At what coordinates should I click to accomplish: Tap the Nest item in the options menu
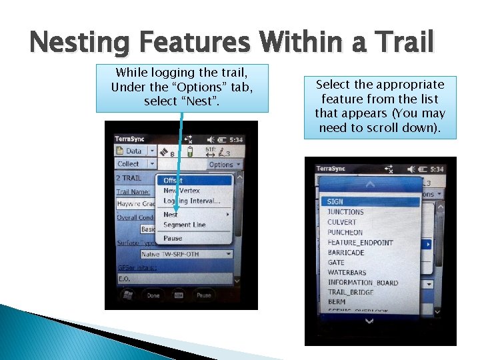click(x=171, y=215)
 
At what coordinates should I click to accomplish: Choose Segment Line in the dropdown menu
click(x=185, y=225)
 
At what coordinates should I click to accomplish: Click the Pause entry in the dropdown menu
click(x=173, y=238)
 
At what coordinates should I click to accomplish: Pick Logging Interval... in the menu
click(x=192, y=201)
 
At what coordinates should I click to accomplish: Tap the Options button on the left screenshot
click(x=223, y=164)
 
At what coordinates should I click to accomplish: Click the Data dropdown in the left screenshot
click(x=135, y=151)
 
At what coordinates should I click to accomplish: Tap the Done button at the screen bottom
click(x=153, y=295)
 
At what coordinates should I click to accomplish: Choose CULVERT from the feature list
click(x=342, y=222)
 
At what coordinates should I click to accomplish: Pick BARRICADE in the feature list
click(x=346, y=253)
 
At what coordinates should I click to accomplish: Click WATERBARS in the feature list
click(x=347, y=273)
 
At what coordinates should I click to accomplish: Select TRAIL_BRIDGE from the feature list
click(x=351, y=292)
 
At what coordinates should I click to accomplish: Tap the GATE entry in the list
click(x=336, y=263)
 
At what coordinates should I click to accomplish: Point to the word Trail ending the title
click(x=405, y=43)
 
